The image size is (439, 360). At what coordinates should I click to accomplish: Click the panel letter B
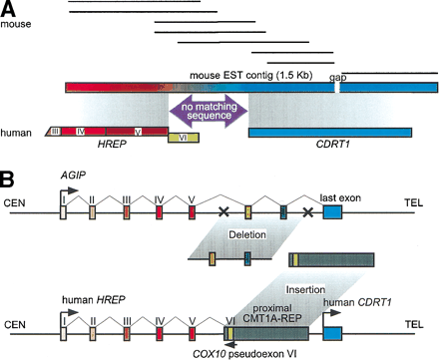tap(9, 182)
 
